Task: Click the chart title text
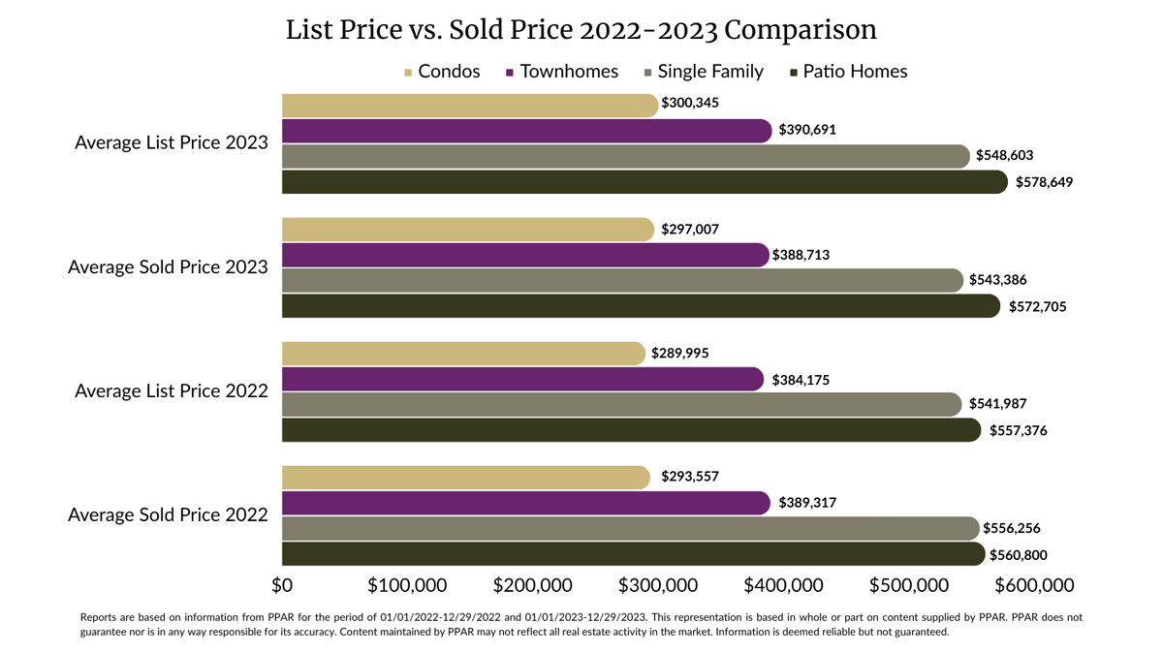[x=581, y=30]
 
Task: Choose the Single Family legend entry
[x=704, y=72]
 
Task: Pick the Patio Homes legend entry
[x=849, y=72]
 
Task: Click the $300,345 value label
[x=690, y=103]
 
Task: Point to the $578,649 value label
[x=1044, y=182]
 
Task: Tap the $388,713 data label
[x=801, y=255]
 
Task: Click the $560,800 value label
[x=1018, y=555]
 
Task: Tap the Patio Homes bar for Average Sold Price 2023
[x=640, y=306]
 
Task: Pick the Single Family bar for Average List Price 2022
[x=620, y=404]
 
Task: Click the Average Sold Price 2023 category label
[x=168, y=266]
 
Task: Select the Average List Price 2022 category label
[x=171, y=391]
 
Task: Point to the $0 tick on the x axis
[x=282, y=586]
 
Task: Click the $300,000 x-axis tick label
[x=657, y=586]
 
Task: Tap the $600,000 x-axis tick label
[x=1033, y=586]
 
